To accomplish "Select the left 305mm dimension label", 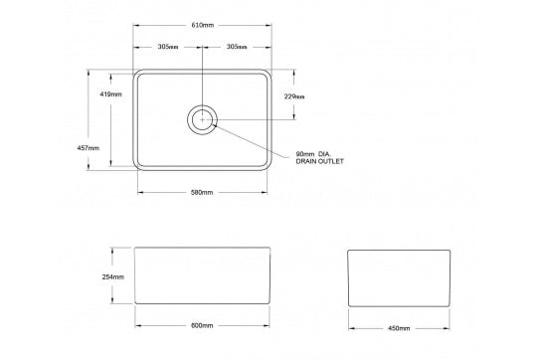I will (x=167, y=47).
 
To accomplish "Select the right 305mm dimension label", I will (x=237, y=47).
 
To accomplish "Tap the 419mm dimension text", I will (x=111, y=94).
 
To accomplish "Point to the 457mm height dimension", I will (x=88, y=147).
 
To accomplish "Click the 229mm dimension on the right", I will (x=293, y=96).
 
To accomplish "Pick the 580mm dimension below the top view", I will (x=202, y=192).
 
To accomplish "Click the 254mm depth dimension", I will (x=112, y=277).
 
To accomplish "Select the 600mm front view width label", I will (x=202, y=325).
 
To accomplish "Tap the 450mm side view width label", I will (x=398, y=326).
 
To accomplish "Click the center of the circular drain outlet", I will (x=202, y=119).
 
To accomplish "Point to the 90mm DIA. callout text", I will (x=314, y=153).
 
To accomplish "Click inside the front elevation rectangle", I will (x=202, y=278).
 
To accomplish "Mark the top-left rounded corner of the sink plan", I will (x=137, y=73).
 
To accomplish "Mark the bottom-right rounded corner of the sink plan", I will (x=269, y=168).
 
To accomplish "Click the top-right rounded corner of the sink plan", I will (x=269, y=73).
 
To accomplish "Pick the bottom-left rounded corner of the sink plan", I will (x=137, y=168).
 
